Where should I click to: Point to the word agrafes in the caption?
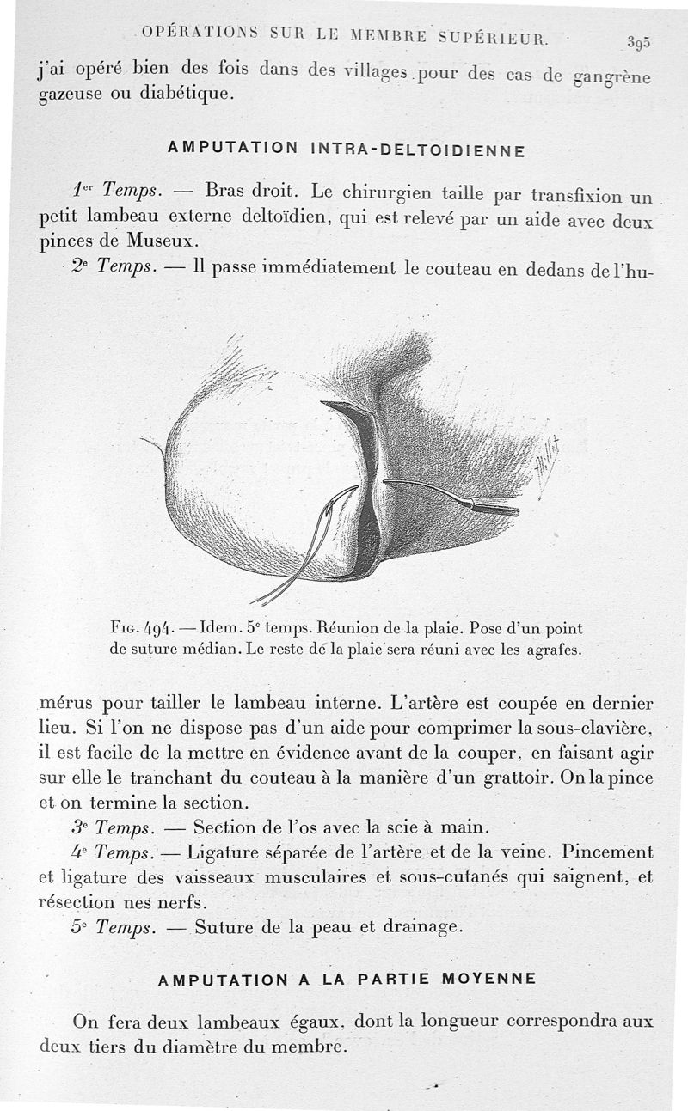(x=551, y=650)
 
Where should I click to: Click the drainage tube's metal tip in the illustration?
(x=499, y=507)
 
